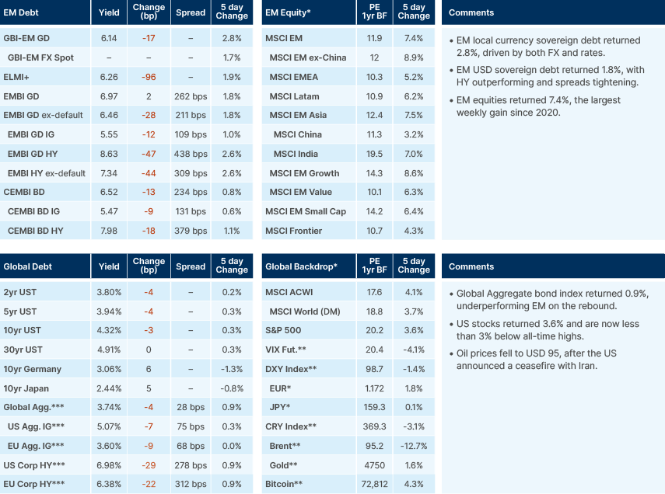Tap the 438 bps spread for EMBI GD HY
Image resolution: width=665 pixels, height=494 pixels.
[191, 154]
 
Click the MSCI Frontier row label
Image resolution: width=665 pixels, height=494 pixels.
[293, 231]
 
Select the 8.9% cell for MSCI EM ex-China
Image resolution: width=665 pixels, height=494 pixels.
[413, 58]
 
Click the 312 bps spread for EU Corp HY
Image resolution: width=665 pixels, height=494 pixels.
[191, 484]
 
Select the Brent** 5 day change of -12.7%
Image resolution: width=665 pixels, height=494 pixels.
[413, 446]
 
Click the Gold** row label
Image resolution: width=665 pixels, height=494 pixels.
[283, 464]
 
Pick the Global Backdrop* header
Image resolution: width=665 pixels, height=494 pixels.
[301, 266]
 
